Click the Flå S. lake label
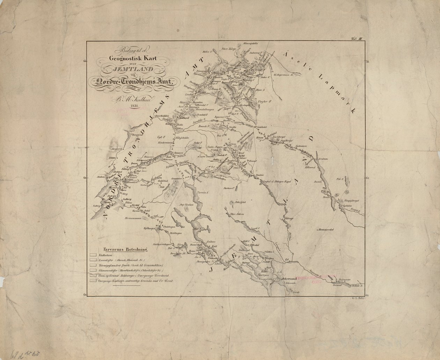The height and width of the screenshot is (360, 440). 338,179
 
